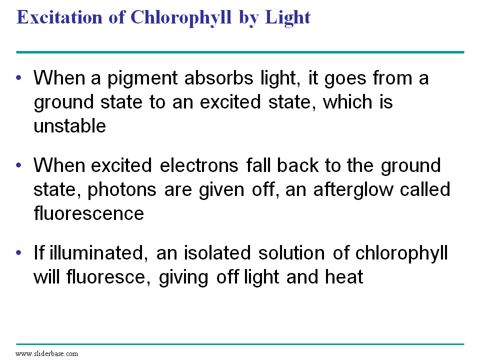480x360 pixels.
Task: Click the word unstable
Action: point(69,126)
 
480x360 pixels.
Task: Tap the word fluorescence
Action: point(88,213)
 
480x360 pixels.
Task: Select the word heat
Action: point(344,277)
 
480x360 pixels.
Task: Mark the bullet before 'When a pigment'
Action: point(19,78)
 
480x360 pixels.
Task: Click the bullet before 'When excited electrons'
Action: point(19,165)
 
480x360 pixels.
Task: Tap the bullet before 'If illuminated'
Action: point(19,253)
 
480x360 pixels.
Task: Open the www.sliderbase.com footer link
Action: point(47,353)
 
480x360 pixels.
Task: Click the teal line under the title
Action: point(240,52)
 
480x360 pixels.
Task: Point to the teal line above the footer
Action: point(240,344)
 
